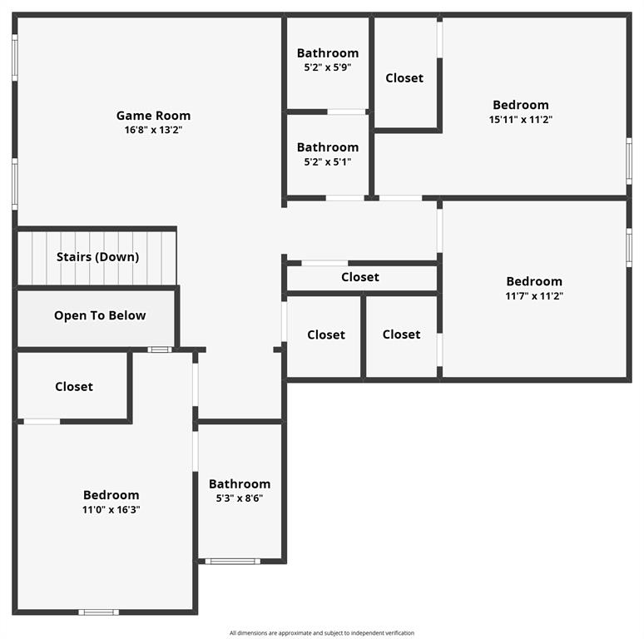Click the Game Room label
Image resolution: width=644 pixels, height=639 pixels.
coord(153,116)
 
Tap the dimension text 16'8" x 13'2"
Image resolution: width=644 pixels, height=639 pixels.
coord(153,130)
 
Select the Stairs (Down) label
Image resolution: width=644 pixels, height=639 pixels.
coord(97,257)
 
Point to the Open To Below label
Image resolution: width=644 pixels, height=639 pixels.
coord(100,315)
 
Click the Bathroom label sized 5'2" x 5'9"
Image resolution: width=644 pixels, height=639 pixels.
coord(328,53)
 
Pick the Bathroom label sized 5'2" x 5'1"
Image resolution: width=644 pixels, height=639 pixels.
coord(328,147)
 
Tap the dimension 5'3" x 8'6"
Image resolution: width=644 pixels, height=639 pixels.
coord(240,498)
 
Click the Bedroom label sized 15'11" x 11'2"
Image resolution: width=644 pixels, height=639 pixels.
coord(521,105)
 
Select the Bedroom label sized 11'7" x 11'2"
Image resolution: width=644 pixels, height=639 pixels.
coord(534,281)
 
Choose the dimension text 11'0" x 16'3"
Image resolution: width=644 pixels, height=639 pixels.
coord(111,510)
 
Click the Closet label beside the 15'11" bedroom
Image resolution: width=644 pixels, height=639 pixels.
coord(404,78)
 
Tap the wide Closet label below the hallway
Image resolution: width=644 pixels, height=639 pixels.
coord(360,277)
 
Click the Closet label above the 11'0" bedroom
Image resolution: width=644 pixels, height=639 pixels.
coord(74,387)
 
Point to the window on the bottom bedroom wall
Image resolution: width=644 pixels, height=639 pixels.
coord(98,612)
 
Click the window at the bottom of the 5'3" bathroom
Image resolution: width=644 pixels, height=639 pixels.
coord(233,562)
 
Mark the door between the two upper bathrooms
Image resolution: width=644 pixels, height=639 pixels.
coord(346,111)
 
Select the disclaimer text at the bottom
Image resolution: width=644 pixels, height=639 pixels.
coord(322,633)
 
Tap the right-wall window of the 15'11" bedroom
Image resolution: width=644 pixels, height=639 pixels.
coord(629,160)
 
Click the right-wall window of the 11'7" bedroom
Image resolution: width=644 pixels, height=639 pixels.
coord(629,246)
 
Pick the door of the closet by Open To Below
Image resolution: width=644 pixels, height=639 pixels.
coord(42,422)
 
